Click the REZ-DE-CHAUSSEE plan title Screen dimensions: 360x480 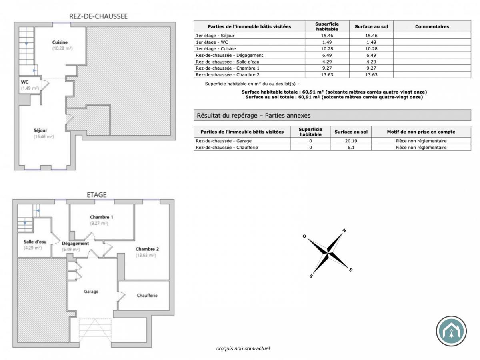pos(98,16)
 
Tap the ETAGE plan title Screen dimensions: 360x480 pos(96,195)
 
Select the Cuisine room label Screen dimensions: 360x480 pos(60,42)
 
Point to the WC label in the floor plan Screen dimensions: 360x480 pos(24,82)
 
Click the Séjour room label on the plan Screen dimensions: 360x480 pos(40,130)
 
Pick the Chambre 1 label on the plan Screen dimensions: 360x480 pos(101,217)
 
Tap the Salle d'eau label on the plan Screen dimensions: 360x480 pos(35,242)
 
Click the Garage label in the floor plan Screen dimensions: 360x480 pos(91,292)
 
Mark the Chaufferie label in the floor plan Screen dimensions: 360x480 pos(147,296)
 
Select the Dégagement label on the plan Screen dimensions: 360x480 pos(75,244)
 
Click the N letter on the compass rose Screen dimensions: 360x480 pos(344,230)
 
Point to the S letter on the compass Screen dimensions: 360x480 pos(311,276)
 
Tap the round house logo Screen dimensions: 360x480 pos(451,331)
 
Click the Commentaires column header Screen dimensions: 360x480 pos(432,27)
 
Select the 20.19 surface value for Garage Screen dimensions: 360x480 pos(351,141)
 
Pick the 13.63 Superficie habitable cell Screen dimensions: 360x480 pos(327,74)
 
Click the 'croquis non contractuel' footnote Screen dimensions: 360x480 pos(243,348)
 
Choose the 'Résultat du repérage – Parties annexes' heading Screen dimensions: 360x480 pos(254,116)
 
